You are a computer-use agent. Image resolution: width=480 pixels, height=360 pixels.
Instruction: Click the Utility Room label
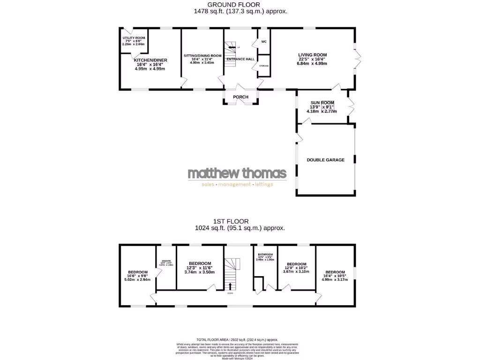click(x=134, y=38)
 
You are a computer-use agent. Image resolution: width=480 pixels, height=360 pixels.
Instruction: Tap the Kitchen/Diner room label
click(x=150, y=60)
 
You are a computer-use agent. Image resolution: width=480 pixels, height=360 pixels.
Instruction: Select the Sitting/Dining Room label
click(x=202, y=55)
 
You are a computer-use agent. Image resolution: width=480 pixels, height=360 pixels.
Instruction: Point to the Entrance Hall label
click(x=240, y=59)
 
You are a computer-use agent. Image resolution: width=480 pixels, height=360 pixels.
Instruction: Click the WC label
click(x=263, y=42)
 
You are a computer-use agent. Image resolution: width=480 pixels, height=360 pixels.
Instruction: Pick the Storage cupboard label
click(x=264, y=66)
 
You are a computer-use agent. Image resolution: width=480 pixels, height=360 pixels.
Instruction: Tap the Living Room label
click(x=312, y=55)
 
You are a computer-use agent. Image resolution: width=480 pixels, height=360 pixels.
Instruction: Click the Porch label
click(x=241, y=97)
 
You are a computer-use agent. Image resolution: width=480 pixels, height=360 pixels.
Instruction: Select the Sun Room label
click(x=322, y=103)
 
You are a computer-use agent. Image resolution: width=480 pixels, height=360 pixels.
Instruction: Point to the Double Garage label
click(x=325, y=160)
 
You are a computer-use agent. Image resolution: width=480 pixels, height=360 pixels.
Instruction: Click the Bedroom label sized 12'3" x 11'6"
click(x=200, y=263)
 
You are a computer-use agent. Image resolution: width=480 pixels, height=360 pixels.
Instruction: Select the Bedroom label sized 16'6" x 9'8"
click(x=138, y=272)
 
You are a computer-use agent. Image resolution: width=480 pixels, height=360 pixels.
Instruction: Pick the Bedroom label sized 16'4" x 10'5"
click(x=335, y=272)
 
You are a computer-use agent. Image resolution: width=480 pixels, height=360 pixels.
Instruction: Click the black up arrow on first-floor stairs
click(x=230, y=285)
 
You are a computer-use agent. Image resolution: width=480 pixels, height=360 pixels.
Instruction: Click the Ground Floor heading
click(x=240, y=5)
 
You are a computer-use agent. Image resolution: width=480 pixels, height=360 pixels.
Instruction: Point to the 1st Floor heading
click(x=240, y=221)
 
